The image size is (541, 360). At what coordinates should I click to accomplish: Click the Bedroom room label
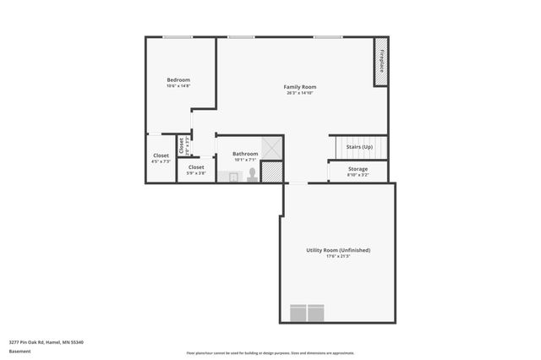pyautogui.click(x=178, y=80)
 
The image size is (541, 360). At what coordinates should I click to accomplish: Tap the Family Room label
pyautogui.click(x=299, y=87)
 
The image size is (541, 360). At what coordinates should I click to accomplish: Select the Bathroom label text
pyautogui.click(x=245, y=154)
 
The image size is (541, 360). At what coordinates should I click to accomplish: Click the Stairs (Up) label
pyautogui.click(x=359, y=147)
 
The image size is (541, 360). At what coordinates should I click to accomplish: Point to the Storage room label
pyautogui.click(x=358, y=169)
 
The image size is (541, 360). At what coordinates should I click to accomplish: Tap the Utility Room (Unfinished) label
pyautogui.click(x=338, y=250)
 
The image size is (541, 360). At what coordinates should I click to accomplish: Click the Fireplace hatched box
pyautogui.click(x=381, y=61)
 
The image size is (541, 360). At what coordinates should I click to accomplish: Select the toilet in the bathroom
pyautogui.click(x=252, y=174)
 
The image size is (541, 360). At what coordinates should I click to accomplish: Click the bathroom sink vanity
pyautogui.click(x=228, y=177)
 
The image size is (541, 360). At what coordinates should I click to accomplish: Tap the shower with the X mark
pyautogui.click(x=271, y=148)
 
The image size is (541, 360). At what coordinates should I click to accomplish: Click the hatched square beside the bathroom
pyautogui.click(x=271, y=172)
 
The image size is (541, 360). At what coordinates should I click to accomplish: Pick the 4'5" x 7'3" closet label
pyautogui.click(x=161, y=158)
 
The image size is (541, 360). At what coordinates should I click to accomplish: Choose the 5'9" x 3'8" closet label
pyautogui.click(x=196, y=170)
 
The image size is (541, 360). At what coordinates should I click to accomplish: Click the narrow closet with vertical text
pyautogui.click(x=182, y=145)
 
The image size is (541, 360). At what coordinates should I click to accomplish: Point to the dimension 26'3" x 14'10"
pyautogui.click(x=299, y=93)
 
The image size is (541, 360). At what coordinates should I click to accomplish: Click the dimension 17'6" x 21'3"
pyautogui.click(x=338, y=256)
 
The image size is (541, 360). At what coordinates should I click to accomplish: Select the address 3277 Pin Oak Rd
pyautogui.click(x=46, y=342)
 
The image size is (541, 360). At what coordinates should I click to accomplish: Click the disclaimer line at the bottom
pyautogui.click(x=270, y=353)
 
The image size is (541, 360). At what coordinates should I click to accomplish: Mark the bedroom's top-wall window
pyautogui.click(x=178, y=37)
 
